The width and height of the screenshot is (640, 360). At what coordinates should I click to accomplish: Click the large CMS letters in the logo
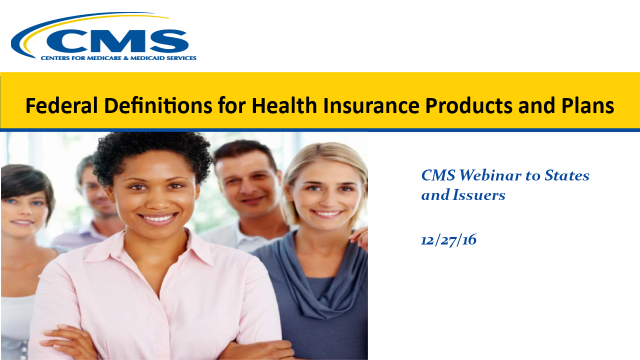(x=117, y=41)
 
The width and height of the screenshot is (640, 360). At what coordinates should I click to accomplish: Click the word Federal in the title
(x=61, y=105)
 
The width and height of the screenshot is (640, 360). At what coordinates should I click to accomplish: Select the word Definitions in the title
(x=158, y=105)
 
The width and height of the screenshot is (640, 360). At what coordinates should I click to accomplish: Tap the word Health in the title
(x=284, y=105)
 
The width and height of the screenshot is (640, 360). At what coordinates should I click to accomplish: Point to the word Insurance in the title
(x=371, y=105)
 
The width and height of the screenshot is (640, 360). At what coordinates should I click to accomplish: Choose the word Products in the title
(x=468, y=105)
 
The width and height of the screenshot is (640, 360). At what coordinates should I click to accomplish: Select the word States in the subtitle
(x=567, y=175)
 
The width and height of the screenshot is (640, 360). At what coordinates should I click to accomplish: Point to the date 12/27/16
(x=448, y=239)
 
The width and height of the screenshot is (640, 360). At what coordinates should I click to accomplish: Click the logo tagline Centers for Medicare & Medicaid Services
(x=118, y=58)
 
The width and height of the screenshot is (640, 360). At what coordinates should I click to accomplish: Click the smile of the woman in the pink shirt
(x=158, y=218)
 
